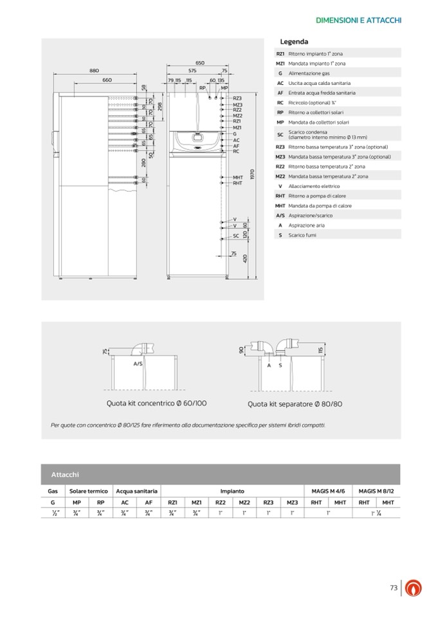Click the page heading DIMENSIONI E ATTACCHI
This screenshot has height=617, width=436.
point(359,20)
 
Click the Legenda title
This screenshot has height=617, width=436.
point(294,42)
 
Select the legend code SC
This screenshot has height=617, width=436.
point(280,134)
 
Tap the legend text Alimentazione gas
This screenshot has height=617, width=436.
point(309,73)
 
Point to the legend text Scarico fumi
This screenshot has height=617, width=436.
point(302,235)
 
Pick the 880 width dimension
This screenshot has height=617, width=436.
point(94,70)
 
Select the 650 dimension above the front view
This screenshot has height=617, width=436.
point(199,62)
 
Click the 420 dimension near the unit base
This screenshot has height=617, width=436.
point(245,259)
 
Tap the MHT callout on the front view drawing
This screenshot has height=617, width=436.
point(237,177)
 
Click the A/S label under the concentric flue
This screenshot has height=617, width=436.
point(138,364)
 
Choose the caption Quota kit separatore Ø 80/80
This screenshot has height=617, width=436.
point(295,404)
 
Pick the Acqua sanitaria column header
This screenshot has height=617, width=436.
point(136,490)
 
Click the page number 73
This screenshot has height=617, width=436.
point(394,587)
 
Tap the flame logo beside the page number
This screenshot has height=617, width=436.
point(412,588)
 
